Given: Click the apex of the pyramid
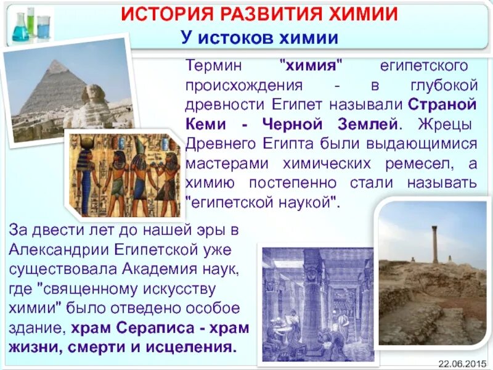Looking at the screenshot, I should pyautogui.click(x=57, y=62).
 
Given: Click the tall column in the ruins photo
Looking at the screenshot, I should pyautogui.click(x=434, y=244).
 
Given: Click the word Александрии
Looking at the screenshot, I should pyautogui.click(x=52, y=250).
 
